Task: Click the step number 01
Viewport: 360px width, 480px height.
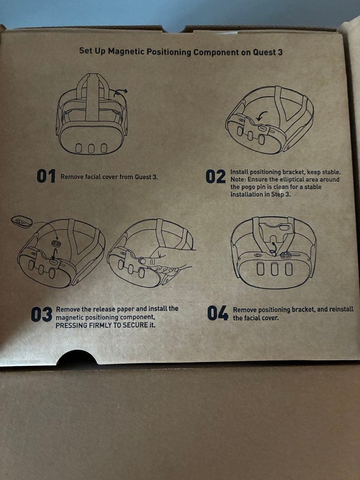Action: (46, 176)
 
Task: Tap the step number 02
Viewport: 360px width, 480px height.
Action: (216, 176)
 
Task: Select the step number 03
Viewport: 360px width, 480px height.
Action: (42, 315)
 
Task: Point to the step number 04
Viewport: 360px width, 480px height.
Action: (218, 313)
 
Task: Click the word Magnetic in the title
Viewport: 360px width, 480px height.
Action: (125, 51)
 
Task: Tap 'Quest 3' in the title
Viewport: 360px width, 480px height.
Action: (268, 52)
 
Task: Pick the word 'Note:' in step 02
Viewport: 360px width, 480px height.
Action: (238, 180)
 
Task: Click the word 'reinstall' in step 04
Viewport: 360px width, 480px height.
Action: (341, 309)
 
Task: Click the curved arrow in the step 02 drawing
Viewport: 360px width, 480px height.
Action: (261, 116)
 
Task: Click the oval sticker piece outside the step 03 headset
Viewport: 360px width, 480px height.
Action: (22, 221)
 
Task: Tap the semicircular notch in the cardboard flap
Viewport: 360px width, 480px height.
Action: (77, 357)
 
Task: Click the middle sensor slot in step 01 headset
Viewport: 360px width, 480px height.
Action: (91, 148)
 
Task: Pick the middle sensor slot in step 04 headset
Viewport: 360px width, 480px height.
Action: (274, 269)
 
